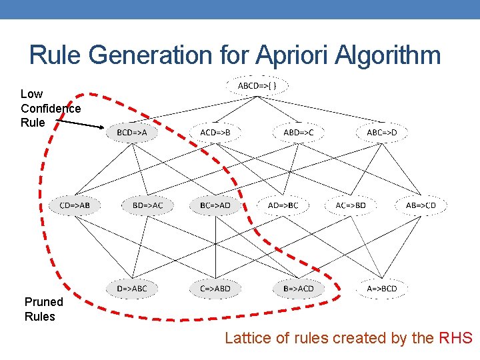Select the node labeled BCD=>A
click(132, 132)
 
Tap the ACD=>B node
click(215, 132)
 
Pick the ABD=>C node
click(298, 132)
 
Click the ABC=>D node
click(381, 132)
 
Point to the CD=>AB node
click(75, 205)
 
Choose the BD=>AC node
click(147, 205)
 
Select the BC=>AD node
click(215, 205)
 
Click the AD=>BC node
click(283, 205)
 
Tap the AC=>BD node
click(351, 205)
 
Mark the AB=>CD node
click(421, 205)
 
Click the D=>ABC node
click(132, 289)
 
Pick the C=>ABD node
click(215, 289)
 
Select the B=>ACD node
click(298, 289)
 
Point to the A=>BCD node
click(381, 289)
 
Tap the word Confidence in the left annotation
click(51, 108)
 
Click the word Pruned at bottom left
click(44, 301)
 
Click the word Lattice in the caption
click(247, 338)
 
